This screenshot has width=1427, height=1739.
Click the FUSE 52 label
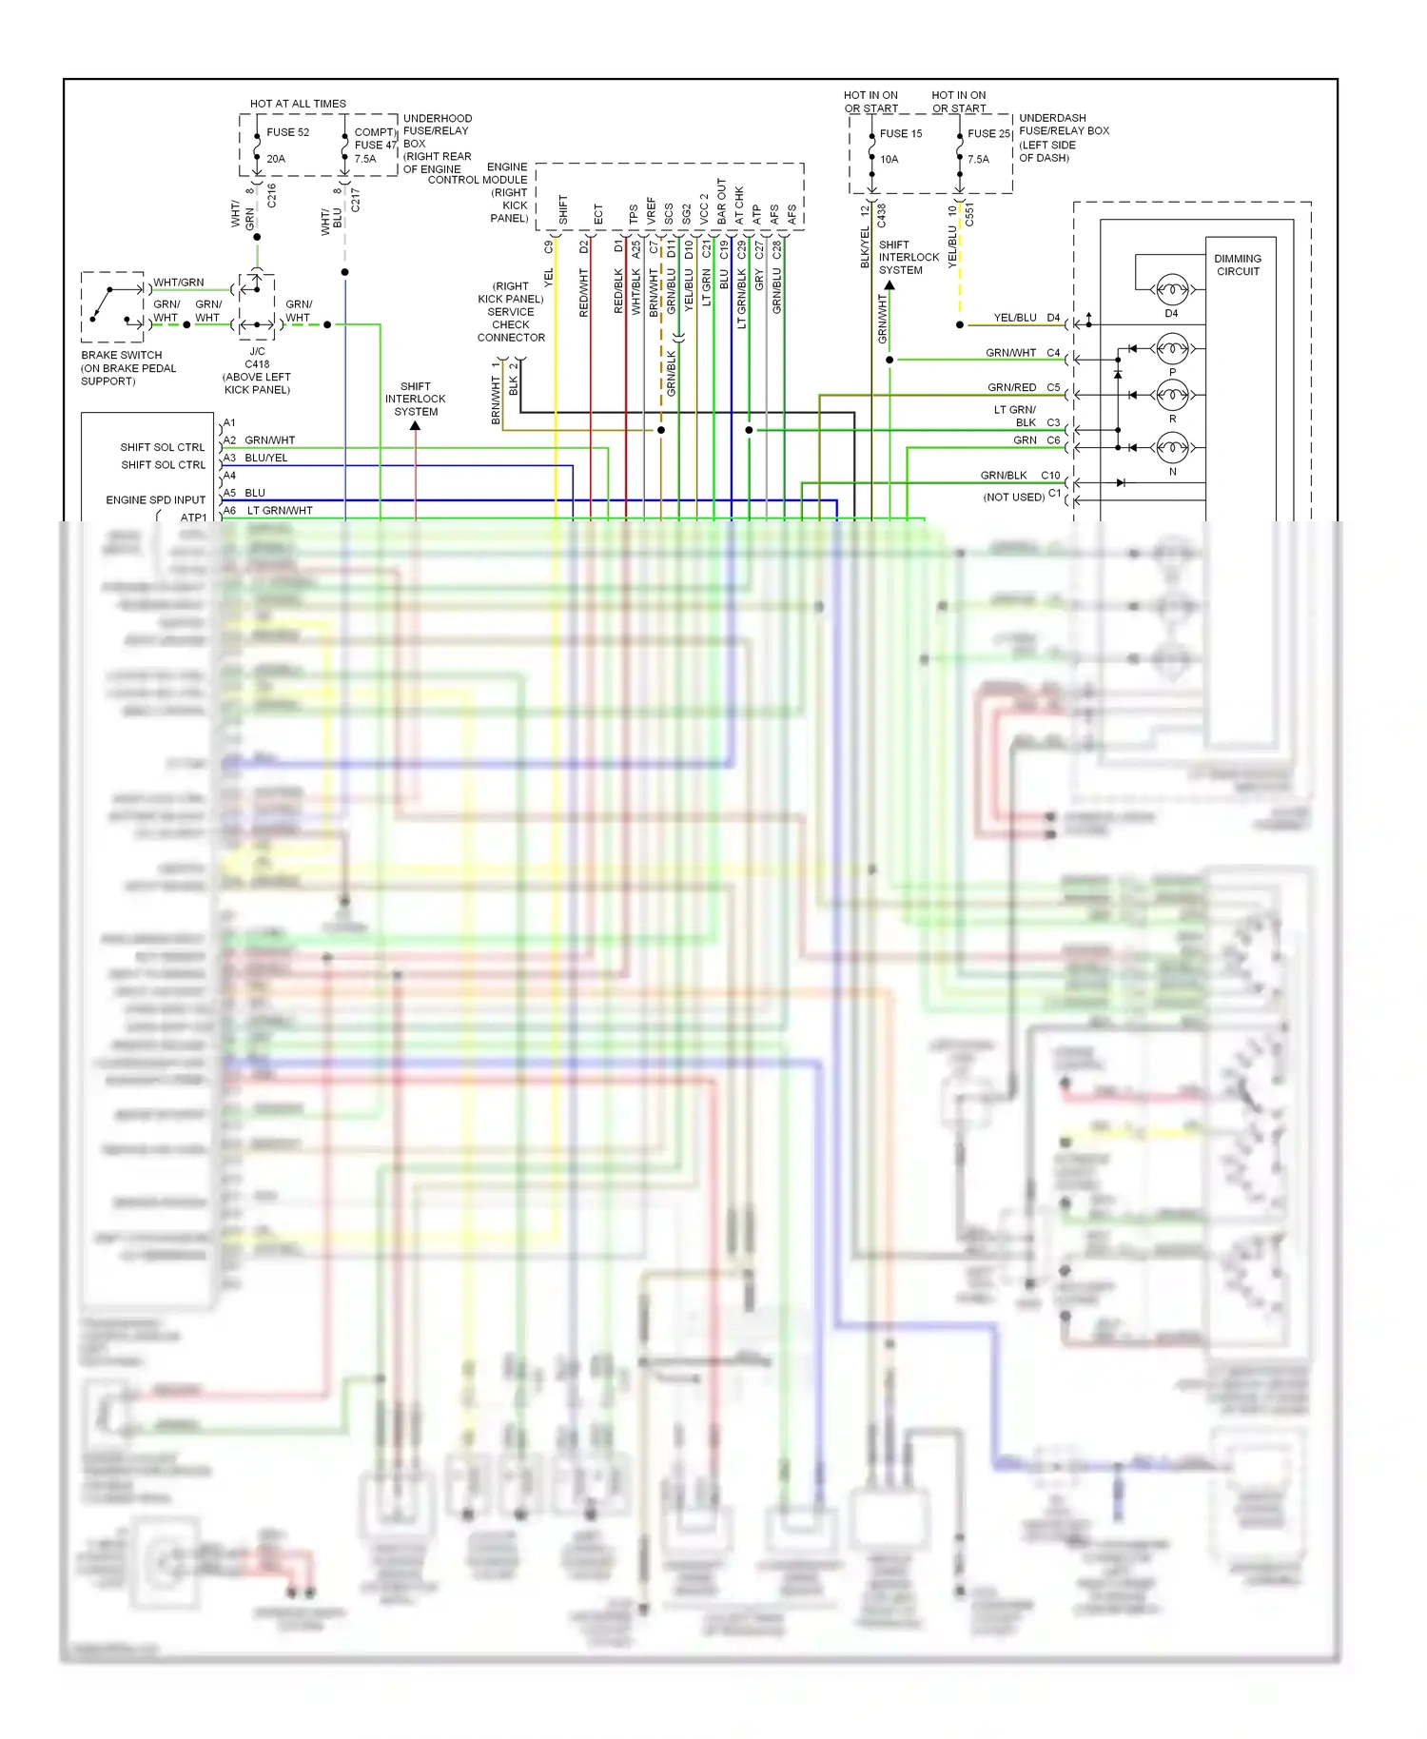pos(287,132)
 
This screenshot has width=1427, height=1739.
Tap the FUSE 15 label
pos(900,133)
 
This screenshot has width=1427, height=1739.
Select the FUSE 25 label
pos(988,133)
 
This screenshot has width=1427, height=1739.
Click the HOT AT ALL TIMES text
pos(298,104)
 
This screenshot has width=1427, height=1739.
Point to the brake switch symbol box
pos(113,306)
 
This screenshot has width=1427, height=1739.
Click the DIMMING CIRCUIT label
pos(1238,264)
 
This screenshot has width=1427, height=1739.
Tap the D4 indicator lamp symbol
pos(1171,289)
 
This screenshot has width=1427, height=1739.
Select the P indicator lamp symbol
pos(1172,348)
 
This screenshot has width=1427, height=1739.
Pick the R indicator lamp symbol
pos(1172,394)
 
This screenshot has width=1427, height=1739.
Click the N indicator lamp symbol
pos(1172,446)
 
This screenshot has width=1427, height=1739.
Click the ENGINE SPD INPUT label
pos(155,499)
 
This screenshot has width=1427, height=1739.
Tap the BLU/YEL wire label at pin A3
pos(266,458)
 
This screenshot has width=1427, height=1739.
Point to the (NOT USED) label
pos(1013,497)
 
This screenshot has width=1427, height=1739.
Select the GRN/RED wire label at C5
pos(1011,387)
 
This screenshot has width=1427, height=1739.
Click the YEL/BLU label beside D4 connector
pos(1015,318)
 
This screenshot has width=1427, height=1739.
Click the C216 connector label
pos(271,196)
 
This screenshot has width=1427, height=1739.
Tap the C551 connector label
pos(969,214)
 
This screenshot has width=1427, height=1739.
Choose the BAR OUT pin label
pos(722,202)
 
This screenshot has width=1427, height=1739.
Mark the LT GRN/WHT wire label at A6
pos(280,511)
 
